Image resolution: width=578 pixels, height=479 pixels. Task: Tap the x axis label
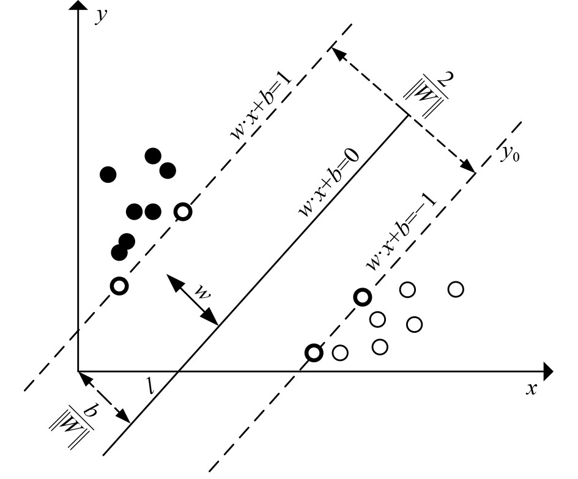click(532, 388)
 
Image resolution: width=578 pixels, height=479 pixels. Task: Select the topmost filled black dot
click(153, 156)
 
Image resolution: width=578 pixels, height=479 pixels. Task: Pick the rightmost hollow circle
click(456, 289)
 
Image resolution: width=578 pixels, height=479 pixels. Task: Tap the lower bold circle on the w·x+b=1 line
click(119, 285)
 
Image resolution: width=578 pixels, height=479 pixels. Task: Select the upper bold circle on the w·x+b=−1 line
click(363, 298)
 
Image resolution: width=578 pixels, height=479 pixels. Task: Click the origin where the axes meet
click(78, 371)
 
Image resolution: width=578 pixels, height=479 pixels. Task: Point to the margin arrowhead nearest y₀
click(470, 168)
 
